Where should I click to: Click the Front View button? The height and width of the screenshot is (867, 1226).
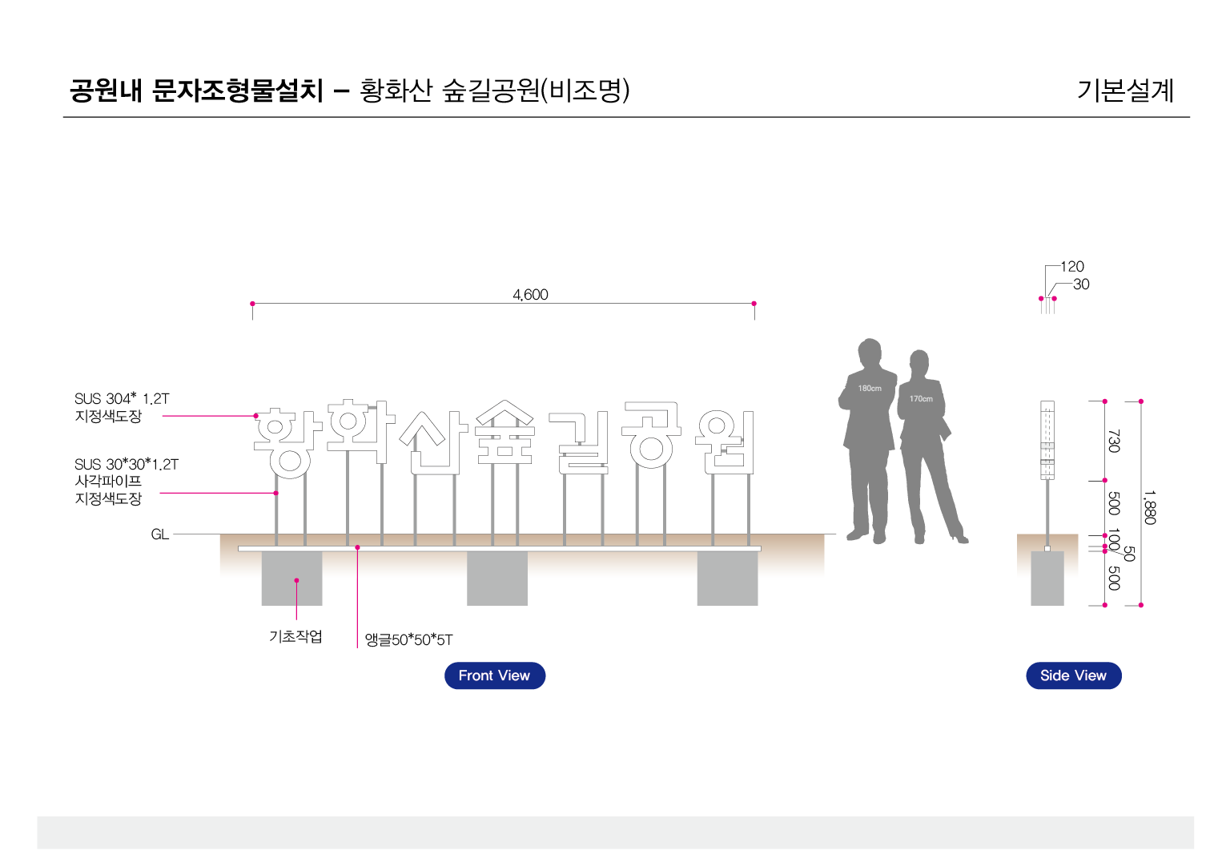tap(495, 675)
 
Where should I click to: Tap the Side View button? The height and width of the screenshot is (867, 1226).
tap(1073, 675)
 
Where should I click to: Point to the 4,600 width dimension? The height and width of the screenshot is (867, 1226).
tap(530, 295)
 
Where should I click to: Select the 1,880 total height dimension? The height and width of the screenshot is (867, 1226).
tap(1149, 508)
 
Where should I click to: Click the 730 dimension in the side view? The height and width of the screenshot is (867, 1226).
tap(1114, 441)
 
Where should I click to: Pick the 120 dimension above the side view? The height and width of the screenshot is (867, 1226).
tap(1072, 267)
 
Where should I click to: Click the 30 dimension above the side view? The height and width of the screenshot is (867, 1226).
tap(1081, 284)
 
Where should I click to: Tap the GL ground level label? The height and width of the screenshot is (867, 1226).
tap(160, 534)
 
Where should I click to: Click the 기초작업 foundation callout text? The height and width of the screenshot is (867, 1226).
tap(295, 636)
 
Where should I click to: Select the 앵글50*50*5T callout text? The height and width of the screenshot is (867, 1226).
tap(409, 639)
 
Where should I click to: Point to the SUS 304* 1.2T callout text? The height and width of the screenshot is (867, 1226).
tap(122, 398)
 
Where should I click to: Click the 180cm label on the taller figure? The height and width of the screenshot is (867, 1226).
tap(870, 389)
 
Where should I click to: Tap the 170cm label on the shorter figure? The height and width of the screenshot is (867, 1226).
tap(921, 399)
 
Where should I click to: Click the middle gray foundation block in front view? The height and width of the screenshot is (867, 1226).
tap(497, 578)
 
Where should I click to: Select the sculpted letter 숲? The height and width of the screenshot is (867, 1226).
tap(505, 433)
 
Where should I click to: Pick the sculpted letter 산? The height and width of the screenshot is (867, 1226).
tap(434, 442)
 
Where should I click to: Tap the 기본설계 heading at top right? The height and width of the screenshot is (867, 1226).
tap(1125, 91)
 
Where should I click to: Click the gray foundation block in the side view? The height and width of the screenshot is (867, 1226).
tap(1047, 578)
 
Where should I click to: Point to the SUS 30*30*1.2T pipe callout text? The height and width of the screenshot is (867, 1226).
tap(127, 465)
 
